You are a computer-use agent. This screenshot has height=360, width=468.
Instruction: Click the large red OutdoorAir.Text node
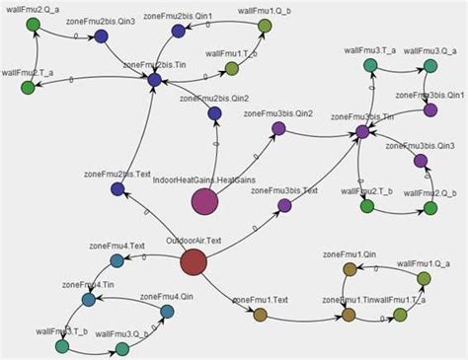pos(194,262)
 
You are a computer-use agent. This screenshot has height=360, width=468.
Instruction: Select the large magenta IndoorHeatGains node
pos(204,201)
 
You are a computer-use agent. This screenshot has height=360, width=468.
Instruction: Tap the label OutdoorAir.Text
pos(194,241)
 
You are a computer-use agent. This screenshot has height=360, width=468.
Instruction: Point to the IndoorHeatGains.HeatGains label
pos(203,180)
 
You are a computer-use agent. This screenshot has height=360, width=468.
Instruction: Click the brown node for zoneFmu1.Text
pos(260,315)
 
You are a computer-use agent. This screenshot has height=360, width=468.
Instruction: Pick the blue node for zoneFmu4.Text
pos(117,260)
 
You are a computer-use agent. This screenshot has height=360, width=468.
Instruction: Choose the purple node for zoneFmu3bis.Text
pos(284,205)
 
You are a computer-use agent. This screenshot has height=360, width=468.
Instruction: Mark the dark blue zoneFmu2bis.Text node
pos(117,188)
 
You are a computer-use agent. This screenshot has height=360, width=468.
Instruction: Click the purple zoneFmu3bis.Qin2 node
pos(278,128)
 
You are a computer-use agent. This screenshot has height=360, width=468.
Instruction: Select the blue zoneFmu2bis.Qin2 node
pos(214,113)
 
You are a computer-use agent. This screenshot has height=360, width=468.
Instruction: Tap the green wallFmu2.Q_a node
pos(33,23)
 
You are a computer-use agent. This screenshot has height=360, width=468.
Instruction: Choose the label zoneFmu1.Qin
pos(350,254)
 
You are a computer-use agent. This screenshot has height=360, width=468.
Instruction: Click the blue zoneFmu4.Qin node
pos(167,312)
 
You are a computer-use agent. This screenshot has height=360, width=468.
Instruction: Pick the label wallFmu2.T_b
pos(367,190)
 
